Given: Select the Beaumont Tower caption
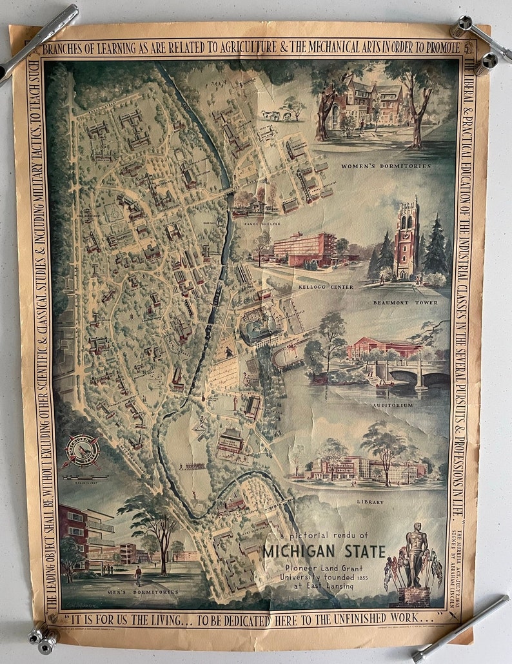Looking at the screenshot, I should click(x=405, y=302).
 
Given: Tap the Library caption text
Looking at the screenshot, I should click(x=369, y=502).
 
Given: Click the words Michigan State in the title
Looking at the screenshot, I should click(x=324, y=552).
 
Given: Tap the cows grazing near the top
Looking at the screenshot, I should click(x=276, y=115).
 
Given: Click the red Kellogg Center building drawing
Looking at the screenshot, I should click(x=303, y=249).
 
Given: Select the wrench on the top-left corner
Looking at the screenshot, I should click(x=39, y=41).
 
